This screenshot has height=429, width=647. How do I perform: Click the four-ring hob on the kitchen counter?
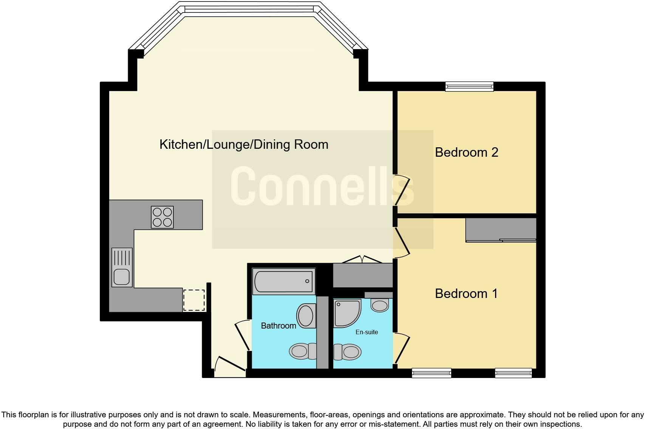[x=162, y=217]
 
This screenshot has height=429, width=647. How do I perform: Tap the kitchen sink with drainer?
[x=122, y=267]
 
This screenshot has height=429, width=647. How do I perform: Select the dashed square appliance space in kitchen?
[x=194, y=300]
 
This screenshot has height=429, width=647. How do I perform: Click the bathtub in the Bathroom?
[x=283, y=281]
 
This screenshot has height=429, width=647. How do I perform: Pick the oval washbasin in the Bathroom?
[x=306, y=316]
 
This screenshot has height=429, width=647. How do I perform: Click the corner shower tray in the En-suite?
[x=346, y=313]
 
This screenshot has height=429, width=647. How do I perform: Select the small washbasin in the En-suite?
[x=379, y=304]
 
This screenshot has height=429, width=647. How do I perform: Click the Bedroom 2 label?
[x=466, y=152]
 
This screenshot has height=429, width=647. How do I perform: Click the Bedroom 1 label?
[x=466, y=293]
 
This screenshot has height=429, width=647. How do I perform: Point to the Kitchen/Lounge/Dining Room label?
[x=244, y=144]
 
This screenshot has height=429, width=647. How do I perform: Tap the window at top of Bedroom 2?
[x=469, y=86]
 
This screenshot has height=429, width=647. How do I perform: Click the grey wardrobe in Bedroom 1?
[x=501, y=229]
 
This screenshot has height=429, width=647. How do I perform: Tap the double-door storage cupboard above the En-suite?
[x=362, y=275]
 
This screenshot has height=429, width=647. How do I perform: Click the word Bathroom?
[x=279, y=326]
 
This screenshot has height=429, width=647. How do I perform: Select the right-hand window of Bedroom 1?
[x=514, y=373]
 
